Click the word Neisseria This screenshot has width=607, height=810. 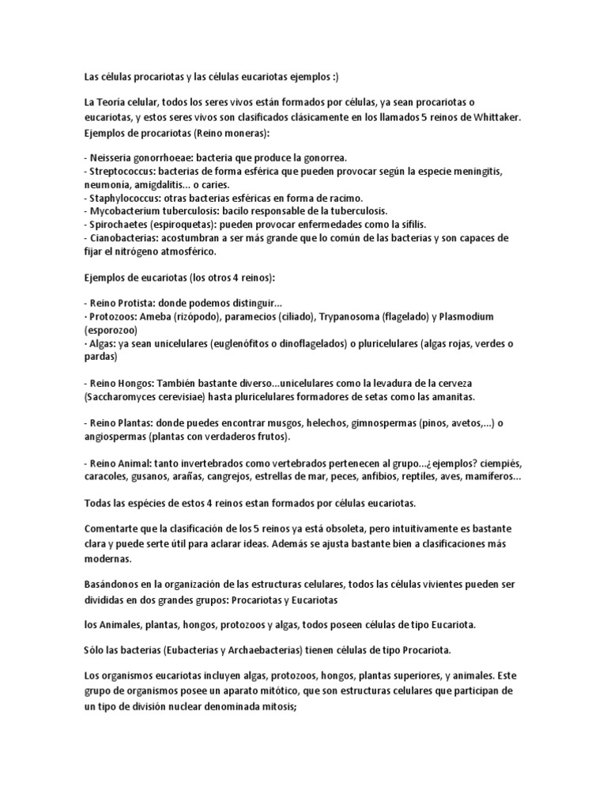pos(112,157)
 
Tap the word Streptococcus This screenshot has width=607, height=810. pos(122,171)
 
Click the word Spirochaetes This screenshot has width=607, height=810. pos(116,225)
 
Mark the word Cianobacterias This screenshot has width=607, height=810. pos(122,238)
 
